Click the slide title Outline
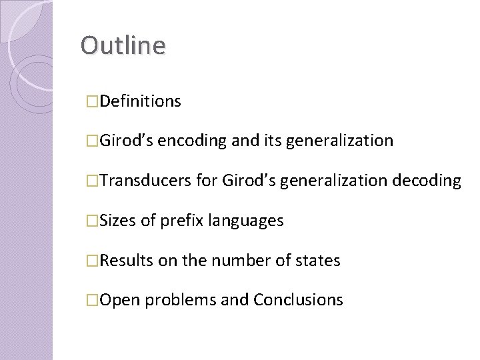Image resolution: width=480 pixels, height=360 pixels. point(123,45)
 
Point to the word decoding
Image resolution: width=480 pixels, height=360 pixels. point(428,180)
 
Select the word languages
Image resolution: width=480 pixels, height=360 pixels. point(247,220)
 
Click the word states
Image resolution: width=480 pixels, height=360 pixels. point(319,260)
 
